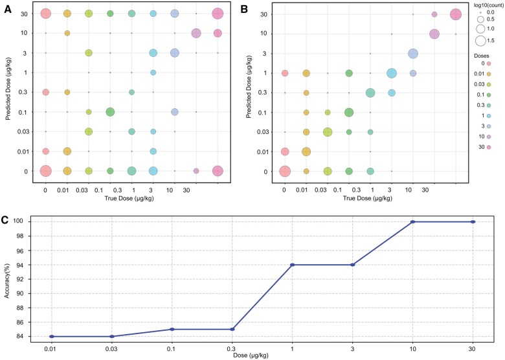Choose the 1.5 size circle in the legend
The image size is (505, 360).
[480, 40]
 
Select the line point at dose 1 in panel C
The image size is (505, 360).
[293, 265]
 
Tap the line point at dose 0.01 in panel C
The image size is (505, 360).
[52, 336]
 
